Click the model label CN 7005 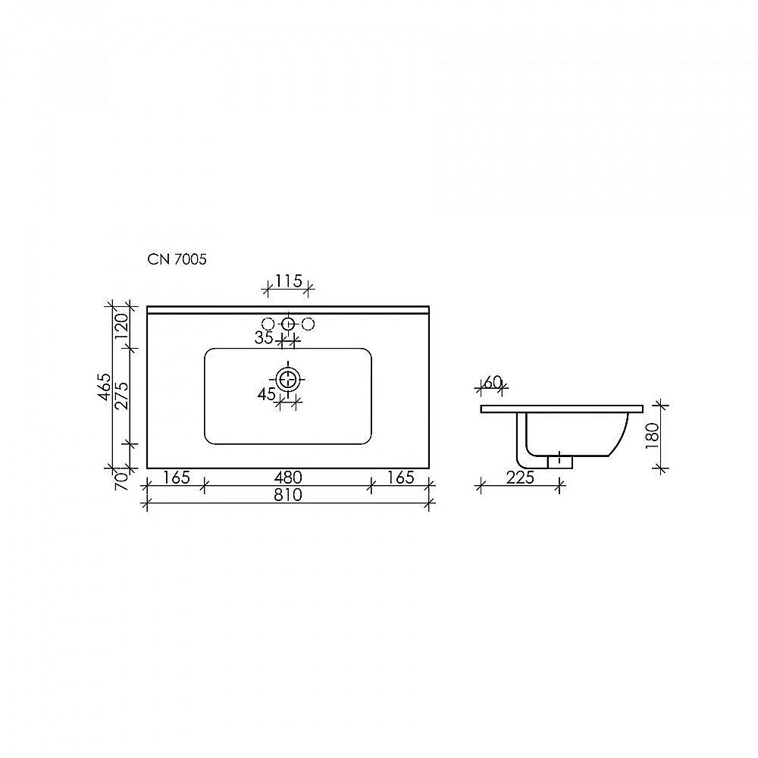point(177,259)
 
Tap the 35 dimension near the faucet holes point(264,338)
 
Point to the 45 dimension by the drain point(266,394)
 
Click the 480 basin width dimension point(288,478)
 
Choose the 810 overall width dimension point(288,496)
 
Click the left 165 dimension point(175,478)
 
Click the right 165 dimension point(401,478)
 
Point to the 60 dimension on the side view point(493,382)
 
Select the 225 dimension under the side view point(519,478)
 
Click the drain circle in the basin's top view point(288,378)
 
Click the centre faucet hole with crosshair point(288,324)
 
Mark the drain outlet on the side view point(559,461)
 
